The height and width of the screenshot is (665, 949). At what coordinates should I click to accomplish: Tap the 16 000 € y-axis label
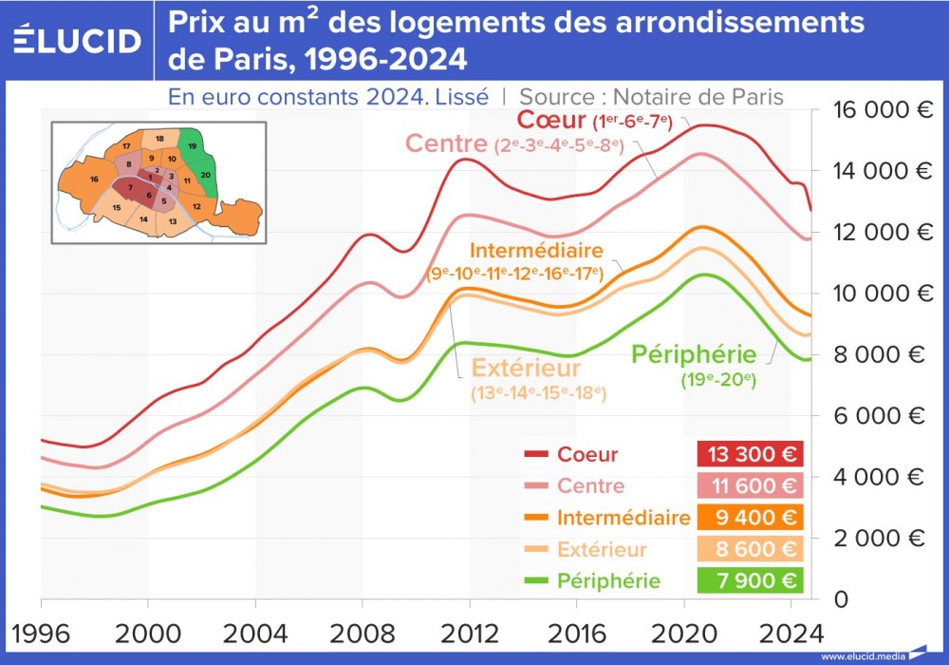[x=880, y=109]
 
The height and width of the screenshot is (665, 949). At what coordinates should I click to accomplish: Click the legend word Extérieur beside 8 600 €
[x=602, y=550]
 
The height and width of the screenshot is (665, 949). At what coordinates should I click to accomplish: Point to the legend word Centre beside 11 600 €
[x=591, y=486]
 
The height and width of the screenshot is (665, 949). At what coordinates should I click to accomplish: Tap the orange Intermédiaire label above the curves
[x=536, y=252]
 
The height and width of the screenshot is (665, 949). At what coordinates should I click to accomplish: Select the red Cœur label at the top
[x=551, y=121]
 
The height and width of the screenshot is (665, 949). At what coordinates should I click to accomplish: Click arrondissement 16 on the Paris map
[x=94, y=179]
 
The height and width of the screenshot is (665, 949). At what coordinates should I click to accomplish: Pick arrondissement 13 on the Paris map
[x=172, y=221]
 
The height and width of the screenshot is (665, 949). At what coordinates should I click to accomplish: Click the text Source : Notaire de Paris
[x=651, y=96]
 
